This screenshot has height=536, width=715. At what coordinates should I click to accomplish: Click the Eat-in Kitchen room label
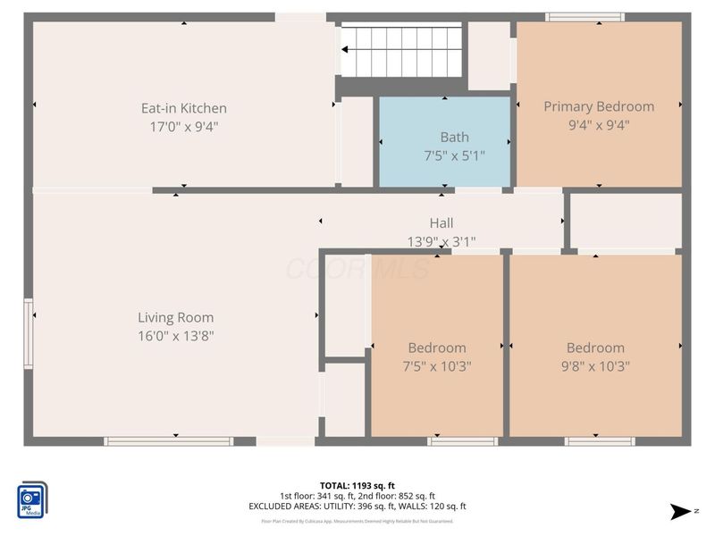pyautogui.click(x=184, y=108)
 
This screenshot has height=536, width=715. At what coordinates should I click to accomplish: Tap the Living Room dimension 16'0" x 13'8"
pyautogui.click(x=175, y=336)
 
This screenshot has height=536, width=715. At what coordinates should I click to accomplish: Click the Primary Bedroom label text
pyautogui.click(x=599, y=106)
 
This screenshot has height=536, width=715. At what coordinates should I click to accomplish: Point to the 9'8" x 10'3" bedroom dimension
pyautogui.click(x=595, y=366)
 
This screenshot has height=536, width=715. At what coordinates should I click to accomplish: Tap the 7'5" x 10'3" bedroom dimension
pyautogui.click(x=437, y=366)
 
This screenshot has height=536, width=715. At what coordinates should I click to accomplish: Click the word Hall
pyautogui.click(x=442, y=223)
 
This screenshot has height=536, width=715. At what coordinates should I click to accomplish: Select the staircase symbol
pyautogui.click(x=401, y=51)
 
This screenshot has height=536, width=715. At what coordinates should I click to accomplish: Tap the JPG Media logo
pyautogui.click(x=33, y=500)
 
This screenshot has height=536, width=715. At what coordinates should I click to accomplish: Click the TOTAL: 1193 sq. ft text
pyautogui.click(x=357, y=486)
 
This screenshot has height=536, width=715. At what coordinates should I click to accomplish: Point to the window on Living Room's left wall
pyautogui.click(x=29, y=334)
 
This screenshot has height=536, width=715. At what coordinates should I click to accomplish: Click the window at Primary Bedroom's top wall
pyautogui.click(x=585, y=17)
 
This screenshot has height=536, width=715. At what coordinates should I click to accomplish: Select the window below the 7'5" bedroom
pyautogui.click(x=462, y=441)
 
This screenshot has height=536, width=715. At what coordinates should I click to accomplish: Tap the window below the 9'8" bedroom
pyautogui.click(x=600, y=441)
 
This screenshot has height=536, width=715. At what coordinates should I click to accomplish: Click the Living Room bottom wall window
pyautogui.click(x=168, y=441)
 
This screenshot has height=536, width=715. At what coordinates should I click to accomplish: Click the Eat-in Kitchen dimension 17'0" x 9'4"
pyautogui.click(x=184, y=127)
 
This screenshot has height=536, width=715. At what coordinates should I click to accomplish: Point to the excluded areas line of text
pyautogui.click(x=357, y=507)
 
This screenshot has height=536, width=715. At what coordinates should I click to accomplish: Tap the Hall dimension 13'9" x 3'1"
pyautogui.click(x=442, y=241)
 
